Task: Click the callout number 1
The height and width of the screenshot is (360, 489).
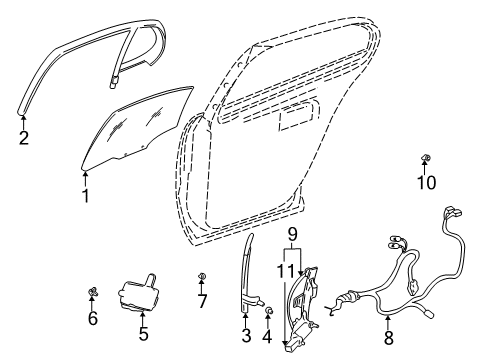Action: click(x=85, y=197)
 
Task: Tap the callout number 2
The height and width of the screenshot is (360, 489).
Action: click(x=23, y=138)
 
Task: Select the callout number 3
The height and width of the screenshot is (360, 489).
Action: click(x=246, y=336)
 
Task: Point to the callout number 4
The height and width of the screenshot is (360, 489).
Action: click(x=267, y=336)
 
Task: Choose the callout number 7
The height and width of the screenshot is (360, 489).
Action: click(x=202, y=300)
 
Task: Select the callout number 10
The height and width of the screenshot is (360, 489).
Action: click(x=427, y=183)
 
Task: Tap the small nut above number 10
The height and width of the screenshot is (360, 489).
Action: click(x=427, y=159)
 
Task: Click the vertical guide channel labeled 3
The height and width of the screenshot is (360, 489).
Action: click(x=246, y=280)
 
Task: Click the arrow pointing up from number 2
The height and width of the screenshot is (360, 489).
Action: click(x=23, y=118)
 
